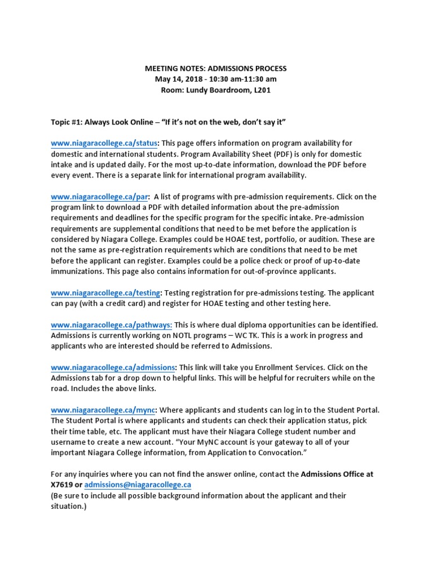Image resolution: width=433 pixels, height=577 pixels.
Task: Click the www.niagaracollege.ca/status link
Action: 105,143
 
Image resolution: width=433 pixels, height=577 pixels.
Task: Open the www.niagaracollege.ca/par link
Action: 99,197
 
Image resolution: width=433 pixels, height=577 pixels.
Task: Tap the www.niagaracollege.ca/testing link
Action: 106,293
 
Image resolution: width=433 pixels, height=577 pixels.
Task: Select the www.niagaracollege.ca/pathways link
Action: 112,325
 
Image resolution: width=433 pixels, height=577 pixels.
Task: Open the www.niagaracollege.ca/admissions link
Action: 113,367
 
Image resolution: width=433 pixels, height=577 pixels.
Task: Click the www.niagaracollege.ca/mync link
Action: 104,410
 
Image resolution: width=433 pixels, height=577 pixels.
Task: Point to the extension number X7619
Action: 62,485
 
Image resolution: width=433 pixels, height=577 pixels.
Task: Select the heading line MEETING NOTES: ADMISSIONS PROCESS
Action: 216,68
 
